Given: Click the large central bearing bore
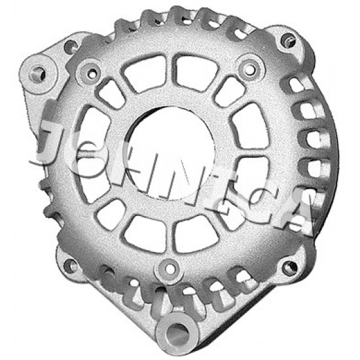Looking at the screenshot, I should [171, 153].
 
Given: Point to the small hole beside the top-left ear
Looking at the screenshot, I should [70, 46].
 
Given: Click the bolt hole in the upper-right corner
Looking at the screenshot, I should [287, 40].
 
